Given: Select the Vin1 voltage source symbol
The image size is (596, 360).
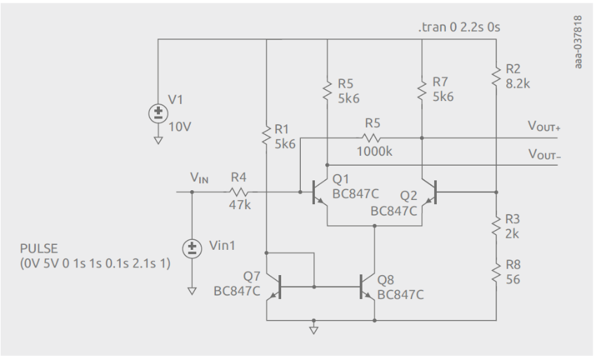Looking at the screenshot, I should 191,248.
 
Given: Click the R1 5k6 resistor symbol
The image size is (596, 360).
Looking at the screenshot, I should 267,134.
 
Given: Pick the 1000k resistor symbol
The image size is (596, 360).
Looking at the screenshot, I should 372,138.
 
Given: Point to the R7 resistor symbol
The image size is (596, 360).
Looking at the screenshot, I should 421,90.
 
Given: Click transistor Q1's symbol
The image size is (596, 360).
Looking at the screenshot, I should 320,191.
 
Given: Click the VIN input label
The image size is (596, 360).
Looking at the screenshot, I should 199,180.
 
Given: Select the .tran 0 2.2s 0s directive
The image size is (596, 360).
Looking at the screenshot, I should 459,27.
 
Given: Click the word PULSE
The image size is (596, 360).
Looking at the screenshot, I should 39,249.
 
